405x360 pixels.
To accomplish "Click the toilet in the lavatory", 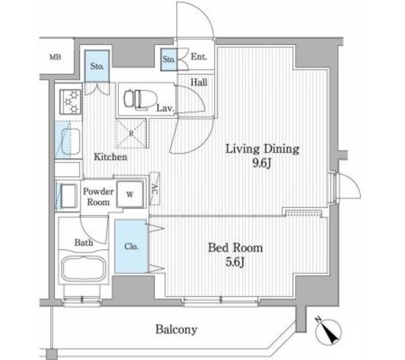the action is [x=140, y=99].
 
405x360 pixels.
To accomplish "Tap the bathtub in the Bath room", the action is [x=84, y=269].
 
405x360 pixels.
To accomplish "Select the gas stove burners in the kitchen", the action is [x=70, y=102].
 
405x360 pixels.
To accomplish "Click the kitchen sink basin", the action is [x=69, y=140].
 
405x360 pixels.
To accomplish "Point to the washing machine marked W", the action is [x=130, y=194].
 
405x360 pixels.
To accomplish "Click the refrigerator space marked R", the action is [x=131, y=133].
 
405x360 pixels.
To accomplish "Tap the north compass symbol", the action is [x=328, y=331].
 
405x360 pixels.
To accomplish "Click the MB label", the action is [x=55, y=57].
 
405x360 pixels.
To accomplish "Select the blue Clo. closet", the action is [x=131, y=246].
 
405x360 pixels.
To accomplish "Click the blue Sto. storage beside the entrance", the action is [x=169, y=59].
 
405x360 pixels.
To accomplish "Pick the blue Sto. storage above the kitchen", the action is [x=97, y=66].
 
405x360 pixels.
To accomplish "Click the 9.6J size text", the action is [x=262, y=163].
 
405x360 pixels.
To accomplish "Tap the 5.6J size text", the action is [x=235, y=262].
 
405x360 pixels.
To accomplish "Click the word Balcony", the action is [x=177, y=330].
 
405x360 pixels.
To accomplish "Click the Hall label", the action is [x=199, y=82].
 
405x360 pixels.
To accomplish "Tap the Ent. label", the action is [x=199, y=56].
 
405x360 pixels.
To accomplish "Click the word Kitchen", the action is [x=111, y=157].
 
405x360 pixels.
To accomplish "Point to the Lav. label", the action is [x=166, y=108].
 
